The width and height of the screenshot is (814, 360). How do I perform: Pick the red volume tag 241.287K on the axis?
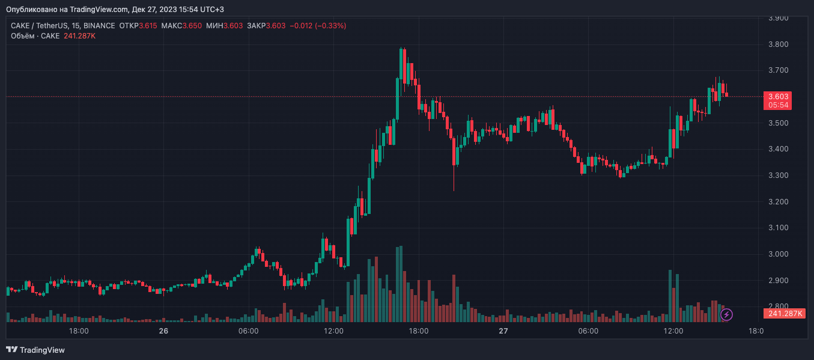(x=783, y=314)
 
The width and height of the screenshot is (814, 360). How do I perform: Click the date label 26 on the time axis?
(x=163, y=331)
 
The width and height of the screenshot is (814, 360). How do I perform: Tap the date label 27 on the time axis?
(x=503, y=331)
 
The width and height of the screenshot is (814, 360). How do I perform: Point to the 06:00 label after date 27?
(x=588, y=331)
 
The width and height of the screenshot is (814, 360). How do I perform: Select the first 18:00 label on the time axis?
(x=79, y=331)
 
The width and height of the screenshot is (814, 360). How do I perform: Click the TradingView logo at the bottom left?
(x=35, y=350)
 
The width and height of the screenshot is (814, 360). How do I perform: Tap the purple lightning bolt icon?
(x=726, y=314)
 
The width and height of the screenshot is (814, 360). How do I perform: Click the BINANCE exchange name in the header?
(x=100, y=26)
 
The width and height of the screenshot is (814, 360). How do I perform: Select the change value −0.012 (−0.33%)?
(x=318, y=26)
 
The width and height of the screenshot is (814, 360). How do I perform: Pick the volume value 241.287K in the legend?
(x=79, y=36)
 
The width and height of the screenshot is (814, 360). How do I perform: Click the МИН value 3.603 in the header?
(x=233, y=26)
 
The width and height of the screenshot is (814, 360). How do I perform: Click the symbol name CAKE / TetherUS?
(x=38, y=26)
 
